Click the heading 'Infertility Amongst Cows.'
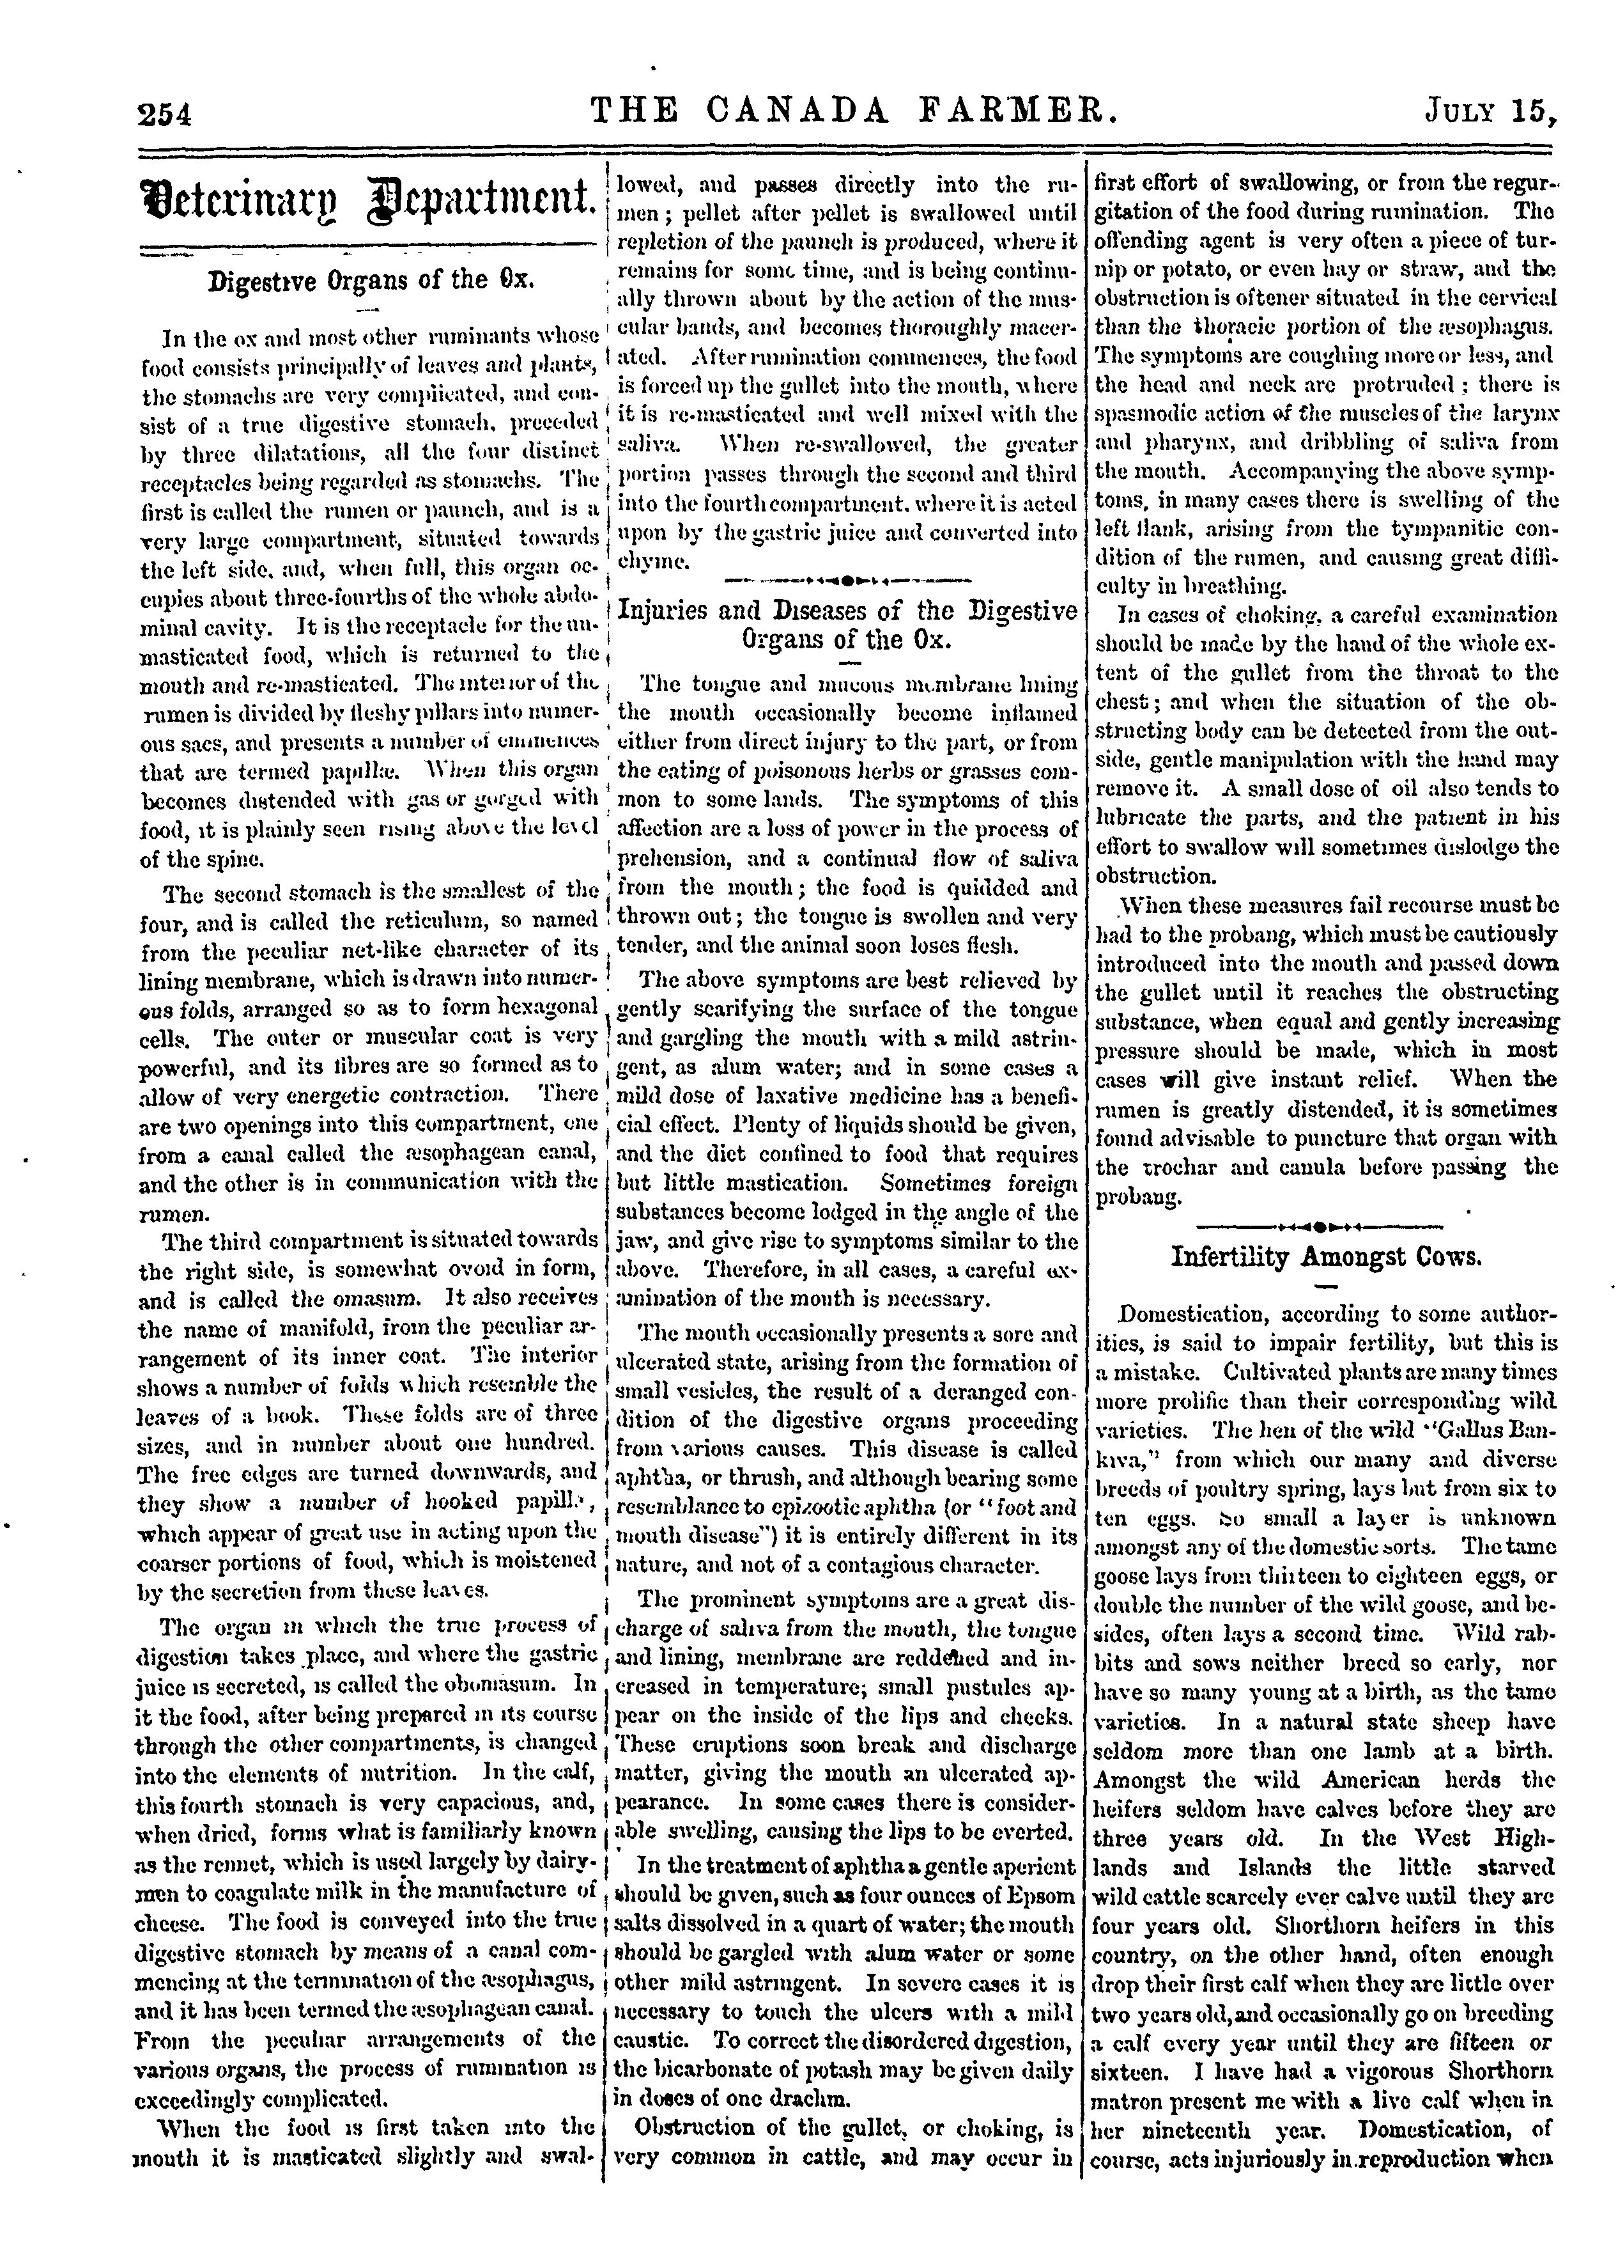1327,1257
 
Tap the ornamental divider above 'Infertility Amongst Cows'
1327,1225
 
